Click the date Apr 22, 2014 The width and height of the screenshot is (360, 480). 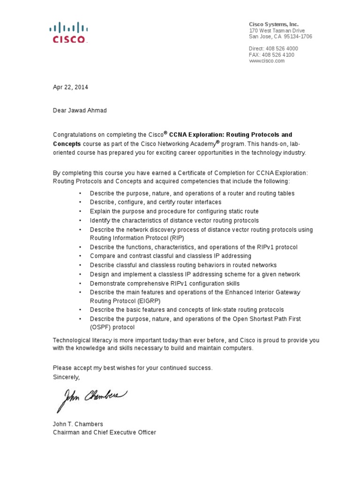point(70,87)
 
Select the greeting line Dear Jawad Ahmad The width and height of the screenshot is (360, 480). point(80,111)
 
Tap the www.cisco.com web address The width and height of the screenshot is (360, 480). point(267,61)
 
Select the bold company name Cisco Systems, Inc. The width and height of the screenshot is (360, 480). point(273,24)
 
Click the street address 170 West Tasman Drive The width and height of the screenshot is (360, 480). point(277,30)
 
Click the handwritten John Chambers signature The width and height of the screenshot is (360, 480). point(91,399)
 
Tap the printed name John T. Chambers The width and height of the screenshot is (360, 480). point(78,424)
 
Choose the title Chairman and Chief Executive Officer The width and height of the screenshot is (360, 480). point(104,432)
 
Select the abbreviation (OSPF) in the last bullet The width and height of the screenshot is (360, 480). point(101,328)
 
